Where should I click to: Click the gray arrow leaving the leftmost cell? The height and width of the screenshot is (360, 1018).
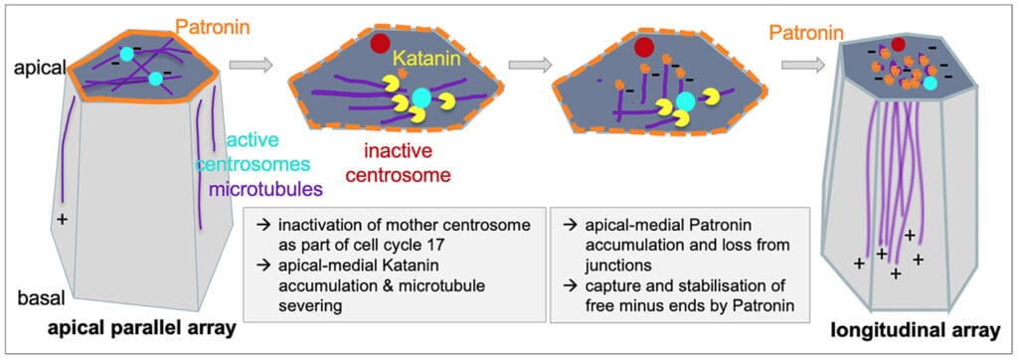pos(250,65)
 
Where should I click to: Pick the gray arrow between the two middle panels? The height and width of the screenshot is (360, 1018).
pos(529,65)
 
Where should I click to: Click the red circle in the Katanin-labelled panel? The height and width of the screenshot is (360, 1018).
pos(379,44)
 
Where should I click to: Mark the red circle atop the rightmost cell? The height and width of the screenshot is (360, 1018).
pos(898,44)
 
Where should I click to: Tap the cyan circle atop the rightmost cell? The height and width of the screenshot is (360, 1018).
pos(930,85)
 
